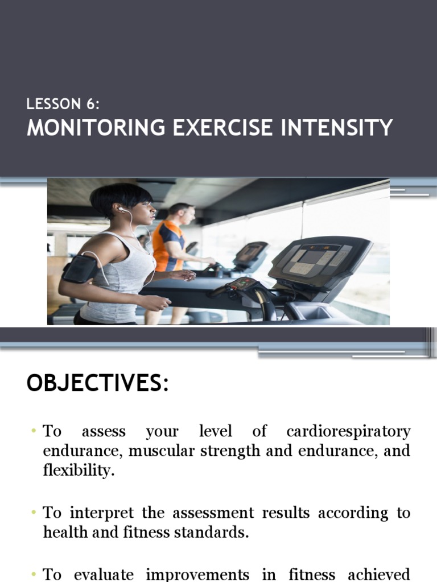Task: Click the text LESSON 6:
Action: tap(63, 104)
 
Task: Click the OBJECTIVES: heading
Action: tap(97, 384)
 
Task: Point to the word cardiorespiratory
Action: tap(348, 431)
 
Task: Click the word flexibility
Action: tap(79, 471)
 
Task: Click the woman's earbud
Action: tap(121, 210)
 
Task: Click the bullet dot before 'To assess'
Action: tap(34, 431)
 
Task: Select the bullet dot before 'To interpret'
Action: tap(34, 513)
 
